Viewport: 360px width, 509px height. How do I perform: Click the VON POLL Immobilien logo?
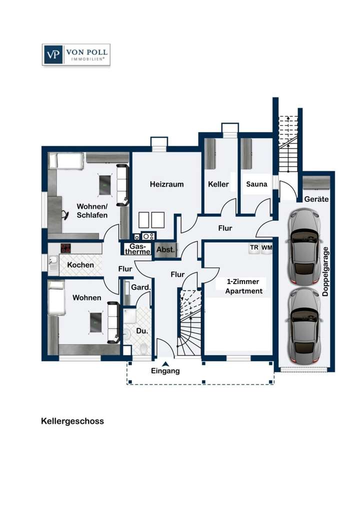click(76, 54)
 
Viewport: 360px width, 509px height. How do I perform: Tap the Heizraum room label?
click(166, 184)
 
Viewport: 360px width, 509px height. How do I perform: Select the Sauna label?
click(256, 184)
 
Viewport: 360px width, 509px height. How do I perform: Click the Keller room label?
click(218, 184)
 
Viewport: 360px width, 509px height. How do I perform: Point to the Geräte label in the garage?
click(316, 198)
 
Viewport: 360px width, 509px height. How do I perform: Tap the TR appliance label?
click(254, 247)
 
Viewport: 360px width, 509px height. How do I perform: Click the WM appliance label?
click(266, 247)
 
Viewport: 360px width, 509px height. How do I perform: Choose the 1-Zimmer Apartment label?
click(243, 286)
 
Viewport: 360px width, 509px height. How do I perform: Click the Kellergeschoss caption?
click(72, 421)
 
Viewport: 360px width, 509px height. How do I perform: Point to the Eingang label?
click(165, 371)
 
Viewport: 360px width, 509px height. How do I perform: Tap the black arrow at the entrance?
click(165, 363)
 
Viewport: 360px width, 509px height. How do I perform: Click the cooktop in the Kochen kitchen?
click(66, 248)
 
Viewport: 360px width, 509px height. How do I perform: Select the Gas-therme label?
click(139, 249)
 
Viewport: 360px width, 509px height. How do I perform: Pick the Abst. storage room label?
click(165, 249)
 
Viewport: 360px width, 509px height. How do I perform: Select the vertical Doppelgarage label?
click(325, 271)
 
